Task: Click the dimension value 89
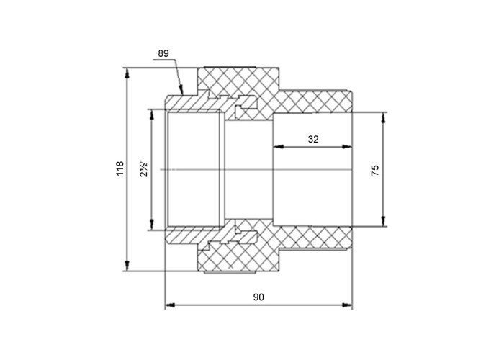(163, 53)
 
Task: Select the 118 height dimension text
(120, 168)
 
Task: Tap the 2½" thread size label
(144, 168)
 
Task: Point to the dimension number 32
(313, 139)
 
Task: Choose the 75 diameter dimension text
(375, 170)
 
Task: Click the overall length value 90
(258, 297)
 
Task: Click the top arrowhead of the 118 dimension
(127, 73)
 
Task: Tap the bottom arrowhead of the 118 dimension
(127, 266)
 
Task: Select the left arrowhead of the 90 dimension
(170, 305)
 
